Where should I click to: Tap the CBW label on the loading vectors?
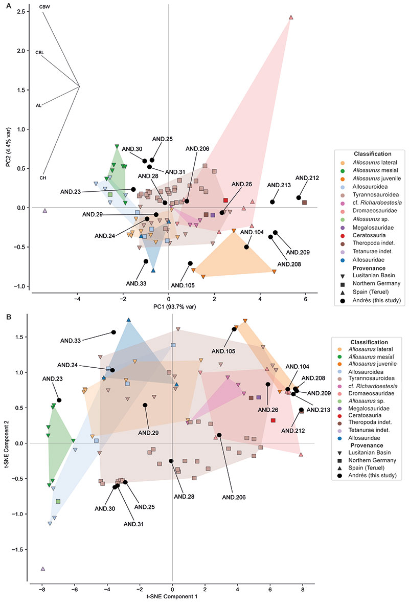44,8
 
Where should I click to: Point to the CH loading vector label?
43,177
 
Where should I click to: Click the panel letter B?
8,317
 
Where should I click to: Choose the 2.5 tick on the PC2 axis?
20,11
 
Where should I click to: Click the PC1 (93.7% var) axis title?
168,306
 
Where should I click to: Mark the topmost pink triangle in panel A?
291,17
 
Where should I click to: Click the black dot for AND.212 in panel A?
299,198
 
